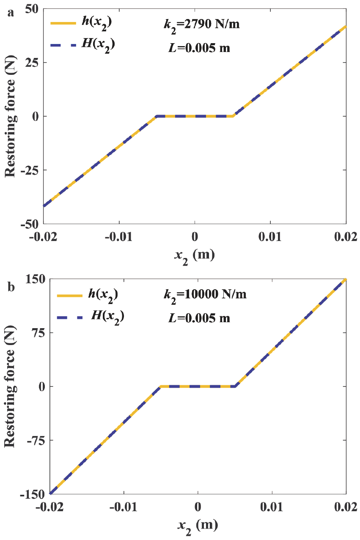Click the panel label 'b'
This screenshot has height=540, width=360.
[11, 288]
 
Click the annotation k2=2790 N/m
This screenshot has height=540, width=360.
[199, 24]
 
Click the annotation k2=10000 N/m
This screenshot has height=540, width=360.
[205, 295]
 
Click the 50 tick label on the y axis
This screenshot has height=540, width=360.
[30, 8]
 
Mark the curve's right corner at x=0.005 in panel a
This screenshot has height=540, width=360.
[233, 116]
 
